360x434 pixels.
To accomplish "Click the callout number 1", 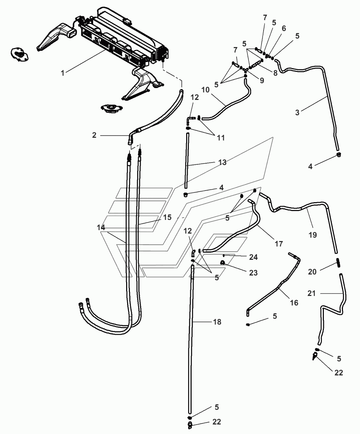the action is (x=63, y=73).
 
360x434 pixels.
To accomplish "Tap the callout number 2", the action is (x=94, y=135).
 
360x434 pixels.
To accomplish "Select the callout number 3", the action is (x=297, y=113).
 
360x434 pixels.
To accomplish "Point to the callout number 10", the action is (x=206, y=90).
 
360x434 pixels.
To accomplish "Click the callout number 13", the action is (x=222, y=162).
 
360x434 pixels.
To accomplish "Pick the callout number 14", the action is (x=101, y=227).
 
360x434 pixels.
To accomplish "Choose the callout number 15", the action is (x=167, y=218).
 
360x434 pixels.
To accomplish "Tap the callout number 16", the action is (x=294, y=303).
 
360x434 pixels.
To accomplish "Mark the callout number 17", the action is (x=279, y=244).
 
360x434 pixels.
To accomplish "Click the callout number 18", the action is (x=217, y=322).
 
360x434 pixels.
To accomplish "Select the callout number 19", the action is (x=313, y=235).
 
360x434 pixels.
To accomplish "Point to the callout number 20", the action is (x=312, y=272).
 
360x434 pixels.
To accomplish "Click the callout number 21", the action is (x=312, y=293).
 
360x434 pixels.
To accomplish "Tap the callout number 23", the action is (x=253, y=273).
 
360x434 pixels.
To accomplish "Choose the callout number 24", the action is (x=253, y=257).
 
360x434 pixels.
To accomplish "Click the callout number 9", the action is (x=262, y=81).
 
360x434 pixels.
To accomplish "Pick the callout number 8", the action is (x=275, y=73).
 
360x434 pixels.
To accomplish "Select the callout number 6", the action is (x=284, y=28).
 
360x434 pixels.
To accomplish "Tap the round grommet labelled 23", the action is (x=222, y=263).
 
